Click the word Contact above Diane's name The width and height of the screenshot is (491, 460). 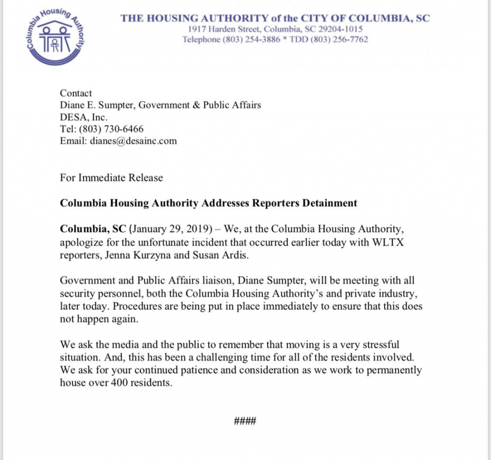pos(76,93)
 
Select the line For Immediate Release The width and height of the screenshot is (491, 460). pos(111,178)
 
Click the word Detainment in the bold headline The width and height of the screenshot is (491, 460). pos(329,203)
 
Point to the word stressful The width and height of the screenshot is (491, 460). pos(382,345)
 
